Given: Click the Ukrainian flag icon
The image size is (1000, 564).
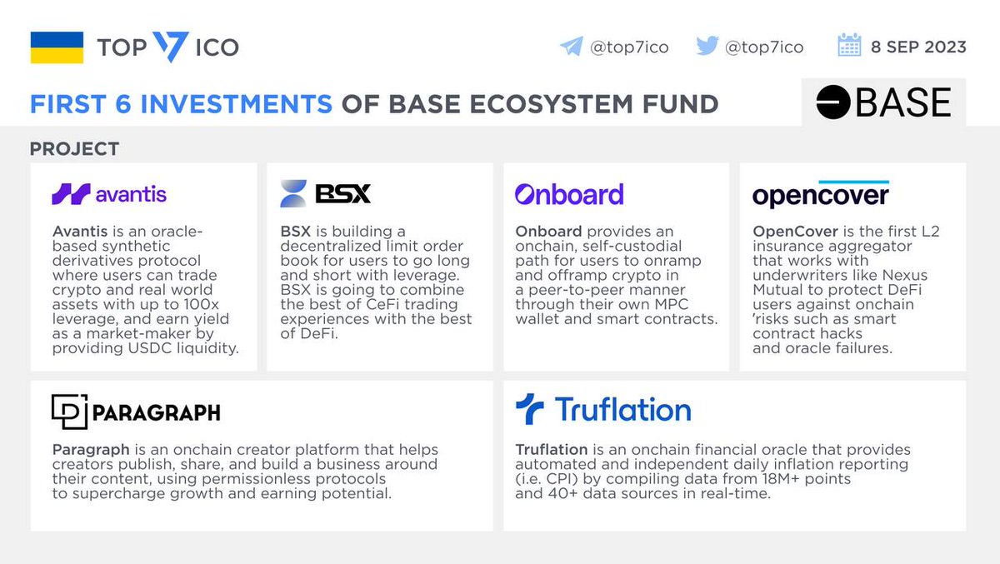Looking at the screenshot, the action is point(56,47).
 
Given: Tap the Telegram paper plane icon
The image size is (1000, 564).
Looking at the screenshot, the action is point(571,47).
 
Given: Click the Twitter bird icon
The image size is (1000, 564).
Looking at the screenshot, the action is point(707,47).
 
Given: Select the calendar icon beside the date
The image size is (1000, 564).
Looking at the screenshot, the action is point(849,46).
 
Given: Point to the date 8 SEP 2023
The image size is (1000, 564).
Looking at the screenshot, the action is point(918,47).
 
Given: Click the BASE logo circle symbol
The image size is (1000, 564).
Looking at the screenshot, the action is point(832,103).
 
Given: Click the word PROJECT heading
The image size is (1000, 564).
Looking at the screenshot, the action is point(74,149).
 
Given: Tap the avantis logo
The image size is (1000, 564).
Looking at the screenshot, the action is point(109,195).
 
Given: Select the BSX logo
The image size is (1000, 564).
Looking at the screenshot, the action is point(325,193).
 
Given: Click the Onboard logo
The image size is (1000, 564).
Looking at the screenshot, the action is point(568,194).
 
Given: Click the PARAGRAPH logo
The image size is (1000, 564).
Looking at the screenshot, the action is point(136,412).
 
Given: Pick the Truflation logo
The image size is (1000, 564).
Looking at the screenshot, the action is point(602,410).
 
